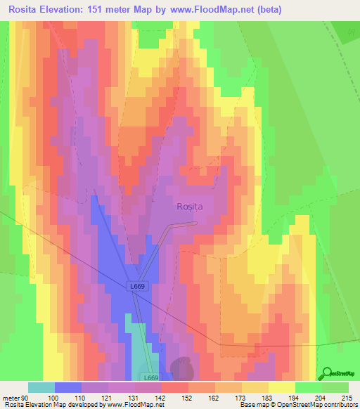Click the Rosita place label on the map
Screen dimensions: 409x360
[188, 207]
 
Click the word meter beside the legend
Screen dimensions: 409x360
[11, 397]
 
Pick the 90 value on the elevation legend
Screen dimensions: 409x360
[25, 397]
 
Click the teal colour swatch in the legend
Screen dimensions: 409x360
[41, 387]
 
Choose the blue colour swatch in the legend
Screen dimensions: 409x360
[68, 387]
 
